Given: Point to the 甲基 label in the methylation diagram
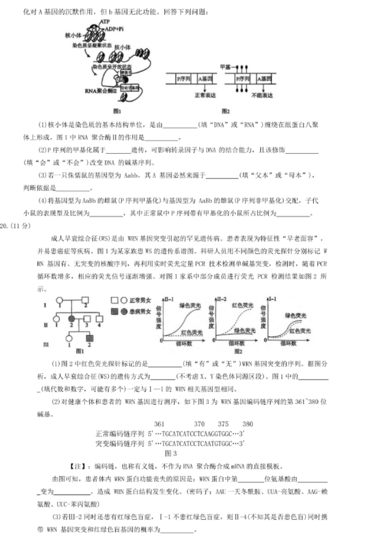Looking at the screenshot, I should [x=226, y=67].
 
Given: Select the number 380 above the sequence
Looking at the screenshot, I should [x=247, y=424].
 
